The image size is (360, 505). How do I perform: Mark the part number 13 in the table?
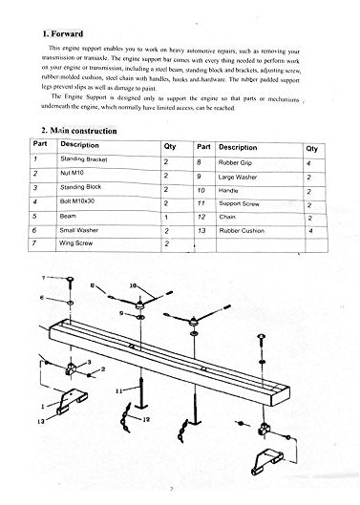pos(201,231)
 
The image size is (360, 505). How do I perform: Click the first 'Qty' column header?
pos(171,148)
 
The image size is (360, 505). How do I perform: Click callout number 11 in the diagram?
pos(119,390)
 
